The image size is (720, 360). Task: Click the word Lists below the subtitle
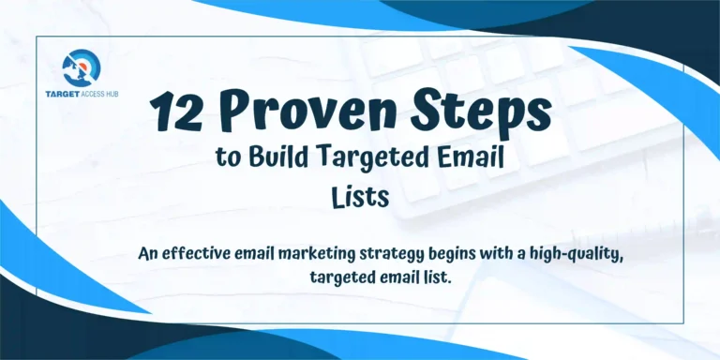(x=358, y=196)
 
